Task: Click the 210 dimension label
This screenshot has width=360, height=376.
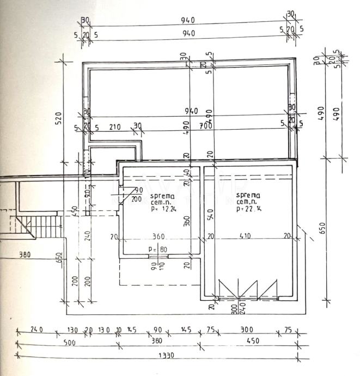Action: (x=115, y=127)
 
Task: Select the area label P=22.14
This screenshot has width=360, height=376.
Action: (x=248, y=208)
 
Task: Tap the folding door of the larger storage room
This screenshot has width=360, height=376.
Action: (x=248, y=288)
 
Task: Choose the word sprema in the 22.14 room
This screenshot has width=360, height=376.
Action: (x=248, y=196)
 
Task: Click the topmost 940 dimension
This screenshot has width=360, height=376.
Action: (x=188, y=20)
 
